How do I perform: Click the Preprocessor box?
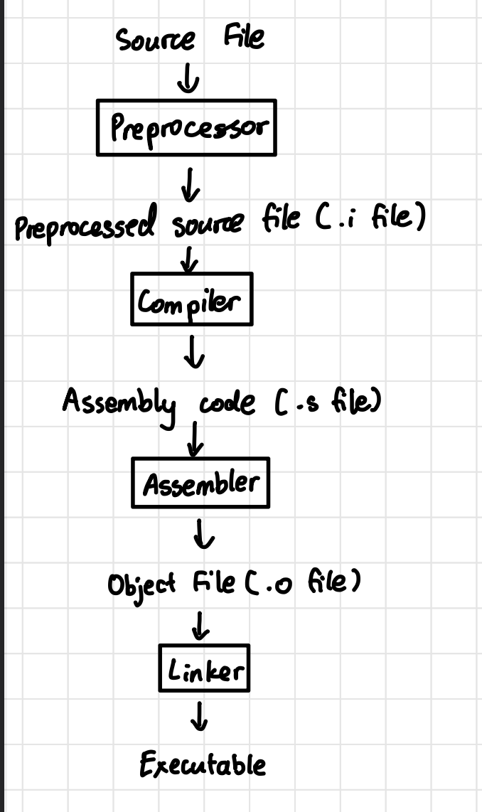point(186,127)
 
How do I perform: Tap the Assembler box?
point(200,483)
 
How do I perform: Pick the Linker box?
point(204,668)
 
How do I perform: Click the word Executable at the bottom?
point(203,765)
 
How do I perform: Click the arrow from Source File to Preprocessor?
point(188,80)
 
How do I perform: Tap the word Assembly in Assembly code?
point(119,404)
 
